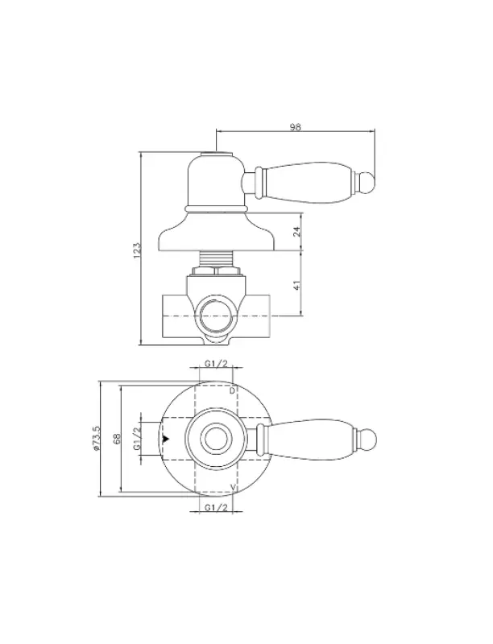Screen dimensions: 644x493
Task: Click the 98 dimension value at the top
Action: coord(295,126)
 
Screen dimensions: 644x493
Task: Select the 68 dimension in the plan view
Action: coord(116,439)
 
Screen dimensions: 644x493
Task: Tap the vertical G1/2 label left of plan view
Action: coord(137,439)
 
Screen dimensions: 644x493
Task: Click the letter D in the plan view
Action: coord(232,390)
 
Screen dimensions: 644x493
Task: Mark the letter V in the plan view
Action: coord(232,489)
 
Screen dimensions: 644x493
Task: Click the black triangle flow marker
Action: coord(166,439)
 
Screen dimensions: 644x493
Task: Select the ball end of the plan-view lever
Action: coord(368,439)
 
